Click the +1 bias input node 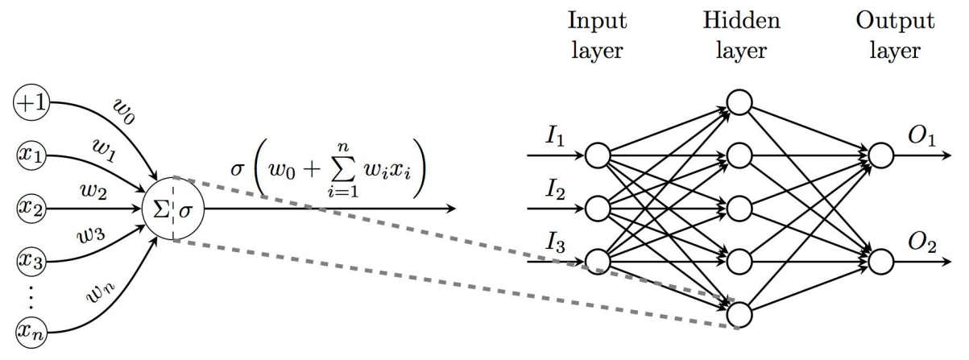31,102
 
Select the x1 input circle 31,155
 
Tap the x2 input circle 31,209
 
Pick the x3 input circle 31,262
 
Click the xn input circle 31,333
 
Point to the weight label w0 124,112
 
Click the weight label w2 93,190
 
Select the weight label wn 101,293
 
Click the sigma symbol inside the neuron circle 185,211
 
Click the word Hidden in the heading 742,20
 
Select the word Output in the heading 895,21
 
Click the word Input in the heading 597,21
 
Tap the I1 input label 555,138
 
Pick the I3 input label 555,243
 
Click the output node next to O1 880,155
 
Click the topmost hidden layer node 739,102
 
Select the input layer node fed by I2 598,209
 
